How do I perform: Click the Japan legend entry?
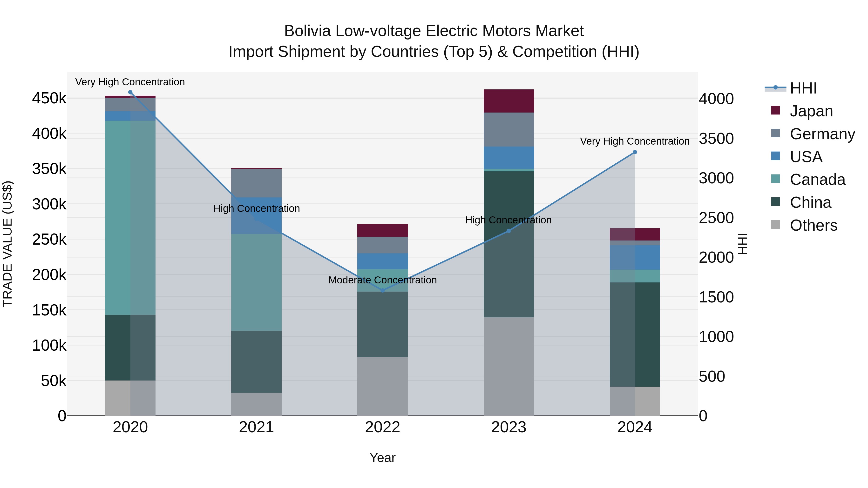(811, 111)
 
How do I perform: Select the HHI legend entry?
(803, 88)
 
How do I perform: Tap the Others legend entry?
(813, 225)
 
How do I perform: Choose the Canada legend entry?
(817, 180)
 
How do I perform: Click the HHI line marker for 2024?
(635, 152)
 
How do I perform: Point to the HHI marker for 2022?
(382, 290)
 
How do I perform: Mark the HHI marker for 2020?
(130, 92)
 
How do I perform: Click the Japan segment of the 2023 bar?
(509, 101)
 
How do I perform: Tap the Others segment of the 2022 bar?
(382, 386)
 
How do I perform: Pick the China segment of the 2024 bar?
(635, 334)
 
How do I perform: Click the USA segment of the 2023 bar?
(509, 158)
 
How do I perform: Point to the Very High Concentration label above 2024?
(635, 141)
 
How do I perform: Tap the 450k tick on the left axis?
(49, 99)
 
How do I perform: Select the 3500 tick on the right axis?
(716, 138)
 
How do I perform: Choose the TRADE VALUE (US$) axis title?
(7, 244)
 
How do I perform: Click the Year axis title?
(382, 458)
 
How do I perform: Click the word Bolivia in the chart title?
(307, 31)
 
